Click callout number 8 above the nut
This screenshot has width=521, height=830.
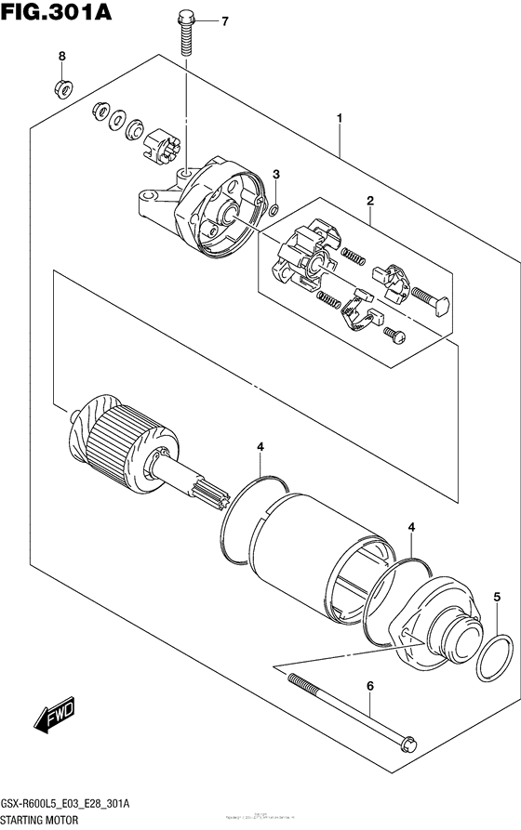click(63, 57)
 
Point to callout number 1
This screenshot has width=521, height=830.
click(341, 118)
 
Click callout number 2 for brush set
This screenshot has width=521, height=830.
click(369, 201)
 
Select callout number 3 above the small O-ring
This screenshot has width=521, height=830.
click(276, 175)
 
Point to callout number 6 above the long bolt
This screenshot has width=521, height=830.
click(369, 686)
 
